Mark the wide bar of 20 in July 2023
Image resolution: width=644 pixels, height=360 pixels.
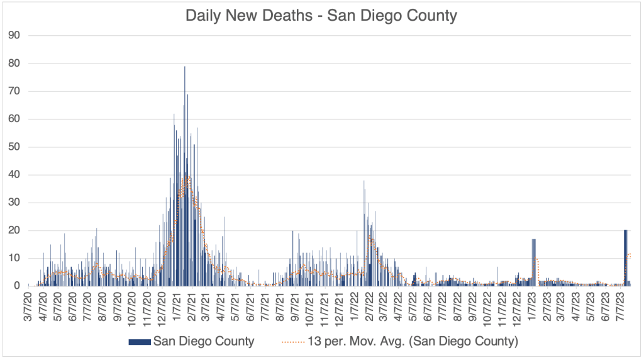coord(625,258)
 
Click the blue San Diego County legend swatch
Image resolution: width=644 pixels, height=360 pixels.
coord(139,342)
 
